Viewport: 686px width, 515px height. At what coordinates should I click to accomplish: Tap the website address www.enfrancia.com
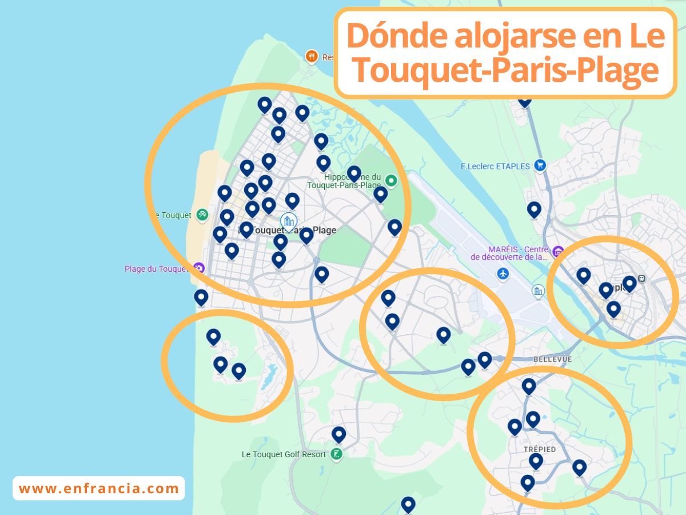(x=99, y=489)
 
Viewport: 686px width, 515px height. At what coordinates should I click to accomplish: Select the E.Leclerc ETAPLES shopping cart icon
(x=539, y=166)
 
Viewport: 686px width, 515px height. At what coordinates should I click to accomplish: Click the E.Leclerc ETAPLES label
(x=495, y=167)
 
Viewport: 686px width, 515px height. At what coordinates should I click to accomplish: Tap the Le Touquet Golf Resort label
(x=284, y=454)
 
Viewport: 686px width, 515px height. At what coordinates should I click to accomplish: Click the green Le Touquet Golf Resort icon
(x=337, y=455)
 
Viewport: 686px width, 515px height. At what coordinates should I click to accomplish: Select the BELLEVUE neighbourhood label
(x=552, y=359)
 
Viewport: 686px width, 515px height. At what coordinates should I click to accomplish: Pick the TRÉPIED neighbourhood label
(x=540, y=449)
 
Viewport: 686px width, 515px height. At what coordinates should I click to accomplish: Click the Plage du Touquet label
(x=156, y=269)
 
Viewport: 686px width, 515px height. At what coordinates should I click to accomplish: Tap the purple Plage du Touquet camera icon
(x=198, y=267)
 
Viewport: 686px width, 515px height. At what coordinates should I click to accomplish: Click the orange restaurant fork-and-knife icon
(x=312, y=56)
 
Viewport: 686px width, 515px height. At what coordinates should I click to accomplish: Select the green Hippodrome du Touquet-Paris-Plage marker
(x=391, y=181)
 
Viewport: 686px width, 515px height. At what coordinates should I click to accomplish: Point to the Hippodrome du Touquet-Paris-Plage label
(x=344, y=181)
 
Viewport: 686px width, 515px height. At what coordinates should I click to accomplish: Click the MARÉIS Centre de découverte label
(x=510, y=253)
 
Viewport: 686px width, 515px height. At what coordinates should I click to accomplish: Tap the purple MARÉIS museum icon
(x=557, y=251)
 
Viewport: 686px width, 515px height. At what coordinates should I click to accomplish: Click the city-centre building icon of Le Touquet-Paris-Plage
(x=288, y=220)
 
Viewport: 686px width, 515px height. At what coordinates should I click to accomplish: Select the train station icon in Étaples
(x=641, y=279)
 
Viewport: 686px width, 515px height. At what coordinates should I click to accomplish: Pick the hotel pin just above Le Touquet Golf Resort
(x=339, y=434)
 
